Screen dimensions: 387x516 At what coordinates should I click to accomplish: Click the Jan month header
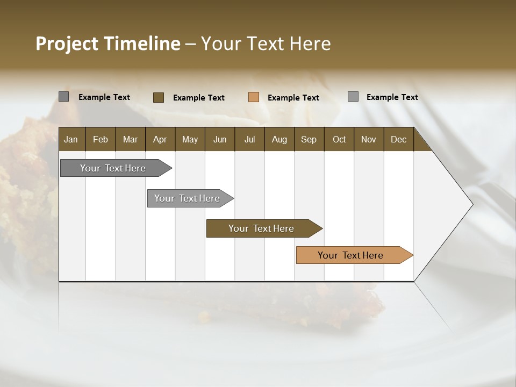tap(71, 140)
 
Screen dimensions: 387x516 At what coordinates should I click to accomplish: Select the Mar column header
tap(130, 140)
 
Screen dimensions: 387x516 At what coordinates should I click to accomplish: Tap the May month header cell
tap(190, 140)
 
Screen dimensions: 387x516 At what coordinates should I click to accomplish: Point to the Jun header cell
tap(220, 140)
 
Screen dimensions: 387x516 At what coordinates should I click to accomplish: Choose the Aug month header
tap(279, 140)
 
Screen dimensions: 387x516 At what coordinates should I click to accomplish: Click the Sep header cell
tap(309, 140)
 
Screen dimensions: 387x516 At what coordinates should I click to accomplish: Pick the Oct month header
tap(339, 140)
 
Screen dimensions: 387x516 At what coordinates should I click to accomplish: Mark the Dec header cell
tap(398, 140)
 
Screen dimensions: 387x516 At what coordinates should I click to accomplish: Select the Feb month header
tap(101, 140)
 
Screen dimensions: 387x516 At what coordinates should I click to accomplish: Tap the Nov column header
tap(369, 140)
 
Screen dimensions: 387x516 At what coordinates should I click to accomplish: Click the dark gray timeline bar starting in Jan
tap(113, 168)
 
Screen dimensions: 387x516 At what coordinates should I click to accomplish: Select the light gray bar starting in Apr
tap(187, 198)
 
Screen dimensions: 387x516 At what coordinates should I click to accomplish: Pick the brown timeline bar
tap(261, 228)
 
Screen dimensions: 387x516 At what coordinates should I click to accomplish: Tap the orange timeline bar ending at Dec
tap(350, 255)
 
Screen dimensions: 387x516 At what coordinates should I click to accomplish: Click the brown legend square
tap(159, 97)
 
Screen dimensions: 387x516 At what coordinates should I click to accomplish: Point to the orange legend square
tap(254, 97)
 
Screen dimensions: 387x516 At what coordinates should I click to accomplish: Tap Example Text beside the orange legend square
tap(293, 98)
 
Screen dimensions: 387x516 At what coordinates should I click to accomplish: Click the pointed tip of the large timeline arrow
tap(471, 204)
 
